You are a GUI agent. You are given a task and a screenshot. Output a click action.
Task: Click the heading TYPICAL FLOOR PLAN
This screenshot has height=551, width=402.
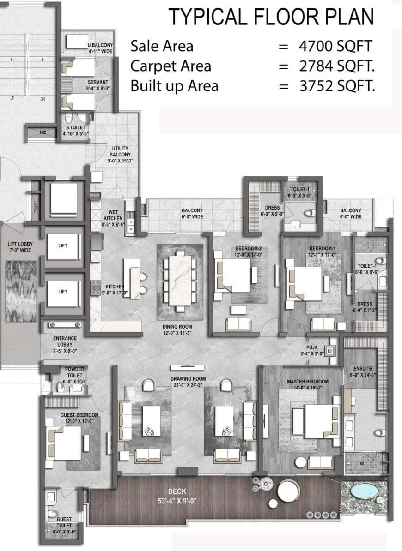(271, 17)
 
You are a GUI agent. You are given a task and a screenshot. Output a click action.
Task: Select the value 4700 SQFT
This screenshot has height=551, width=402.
(335, 46)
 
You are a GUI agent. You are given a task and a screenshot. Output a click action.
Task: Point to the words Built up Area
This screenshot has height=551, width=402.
(174, 86)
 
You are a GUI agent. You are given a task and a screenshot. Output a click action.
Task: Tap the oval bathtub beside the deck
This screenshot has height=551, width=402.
(365, 491)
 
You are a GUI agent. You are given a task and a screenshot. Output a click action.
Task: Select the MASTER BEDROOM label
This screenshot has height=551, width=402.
(307, 382)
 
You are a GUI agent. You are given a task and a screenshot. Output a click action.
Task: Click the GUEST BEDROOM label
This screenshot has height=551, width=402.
(79, 415)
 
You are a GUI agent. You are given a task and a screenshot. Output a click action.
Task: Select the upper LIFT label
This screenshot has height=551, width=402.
(63, 246)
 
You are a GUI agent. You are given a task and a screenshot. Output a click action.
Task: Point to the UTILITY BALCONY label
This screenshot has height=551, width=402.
(120, 151)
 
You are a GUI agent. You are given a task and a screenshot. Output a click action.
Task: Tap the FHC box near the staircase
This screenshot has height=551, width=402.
(43, 132)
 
